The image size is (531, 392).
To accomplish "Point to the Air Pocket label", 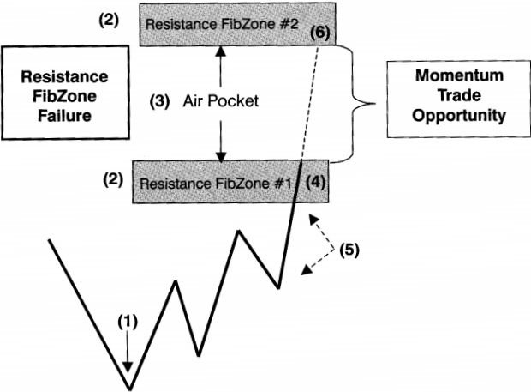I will click(x=220, y=101).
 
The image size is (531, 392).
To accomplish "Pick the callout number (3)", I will click(x=160, y=101).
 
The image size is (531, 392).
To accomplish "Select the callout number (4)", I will click(x=315, y=182).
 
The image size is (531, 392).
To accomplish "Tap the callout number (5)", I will click(x=349, y=250).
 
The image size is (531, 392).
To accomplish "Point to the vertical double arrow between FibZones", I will click(x=222, y=103).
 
